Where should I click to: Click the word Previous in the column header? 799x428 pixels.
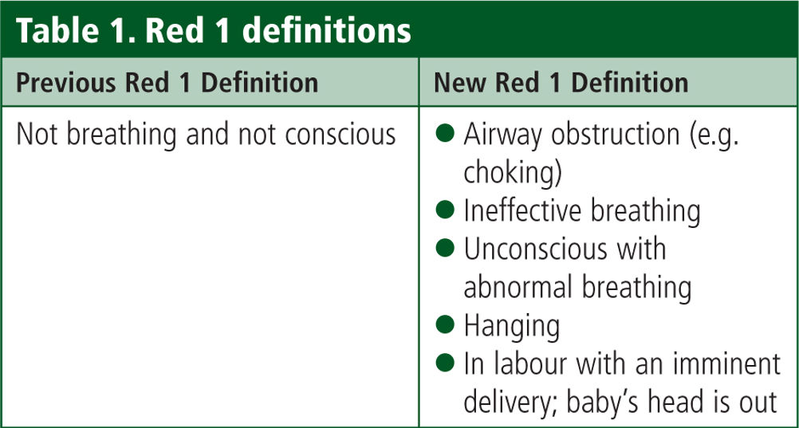click(x=61, y=83)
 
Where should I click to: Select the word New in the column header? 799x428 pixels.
click(x=457, y=83)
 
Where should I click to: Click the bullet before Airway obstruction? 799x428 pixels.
click(x=445, y=135)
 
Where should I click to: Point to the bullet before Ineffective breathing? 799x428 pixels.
click(x=445, y=210)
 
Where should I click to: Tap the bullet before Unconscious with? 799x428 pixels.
click(x=445, y=248)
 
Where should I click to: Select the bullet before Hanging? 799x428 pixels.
click(x=445, y=324)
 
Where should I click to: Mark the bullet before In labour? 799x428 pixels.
click(x=445, y=363)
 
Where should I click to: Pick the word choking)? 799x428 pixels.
click(x=513, y=174)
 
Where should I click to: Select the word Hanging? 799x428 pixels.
click(x=512, y=327)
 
